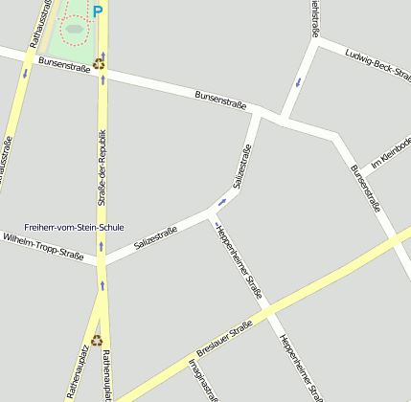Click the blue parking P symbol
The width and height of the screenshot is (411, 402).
[x=97, y=11]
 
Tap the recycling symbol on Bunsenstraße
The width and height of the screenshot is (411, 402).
[x=99, y=65]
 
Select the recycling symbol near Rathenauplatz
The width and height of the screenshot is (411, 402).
[x=97, y=339]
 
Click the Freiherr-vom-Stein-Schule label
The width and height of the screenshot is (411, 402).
[x=75, y=228]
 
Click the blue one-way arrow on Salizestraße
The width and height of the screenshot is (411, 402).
[x=222, y=202]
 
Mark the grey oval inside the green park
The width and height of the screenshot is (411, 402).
[x=74, y=29]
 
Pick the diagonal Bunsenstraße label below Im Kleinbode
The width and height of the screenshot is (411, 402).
[x=366, y=187]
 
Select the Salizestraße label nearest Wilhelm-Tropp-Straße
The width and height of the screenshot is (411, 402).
[x=156, y=237]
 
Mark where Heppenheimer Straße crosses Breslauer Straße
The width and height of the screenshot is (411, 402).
[x=269, y=312]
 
